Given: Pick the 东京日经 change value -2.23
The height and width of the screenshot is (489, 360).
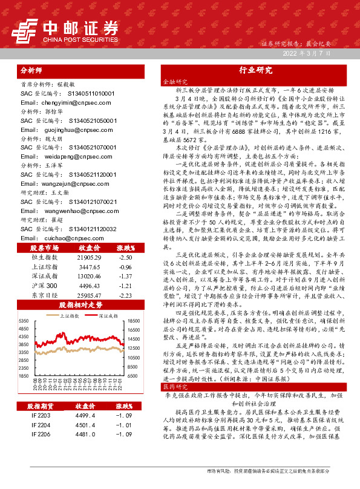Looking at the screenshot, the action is pos(125,294).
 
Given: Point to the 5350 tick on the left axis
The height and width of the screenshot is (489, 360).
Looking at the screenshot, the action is pos(25,321).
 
